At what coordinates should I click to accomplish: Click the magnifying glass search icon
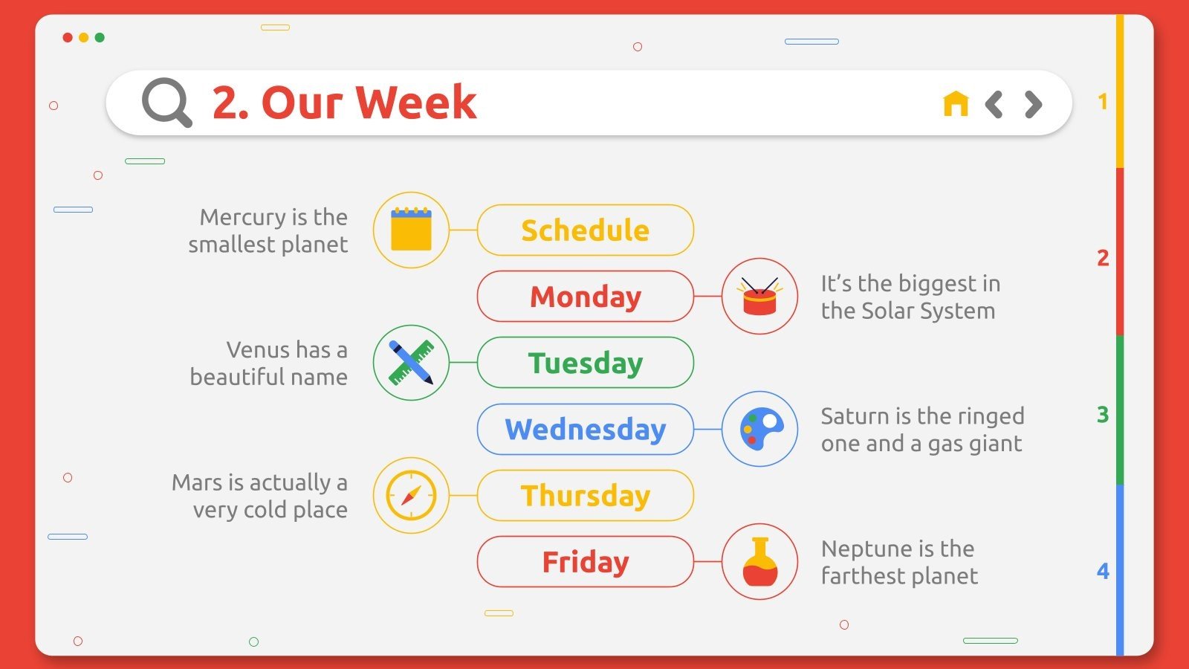[x=166, y=103]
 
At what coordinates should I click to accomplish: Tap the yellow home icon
[x=956, y=104]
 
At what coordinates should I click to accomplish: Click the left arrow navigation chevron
[x=994, y=105]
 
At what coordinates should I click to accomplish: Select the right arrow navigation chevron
[x=1033, y=105]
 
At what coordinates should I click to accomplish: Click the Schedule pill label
[x=585, y=230]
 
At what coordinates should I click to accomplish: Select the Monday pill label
[x=585, y=297]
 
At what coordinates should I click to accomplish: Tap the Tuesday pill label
[x=585, y=363]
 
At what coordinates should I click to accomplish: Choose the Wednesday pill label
[x=585, y=429]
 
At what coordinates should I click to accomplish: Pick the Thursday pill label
[x=585, y=495]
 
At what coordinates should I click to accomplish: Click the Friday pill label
[x=585, y=561]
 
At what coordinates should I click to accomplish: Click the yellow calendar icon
[x=411, y=230]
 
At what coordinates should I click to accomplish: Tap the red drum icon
[x=759, y=297]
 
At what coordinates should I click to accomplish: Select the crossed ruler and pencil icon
[x=411, y=363]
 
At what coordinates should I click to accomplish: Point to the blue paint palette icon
[x=759, y=429]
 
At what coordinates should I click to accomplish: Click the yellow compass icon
[x=411, y=495]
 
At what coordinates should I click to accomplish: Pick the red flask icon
[x=759, y=561]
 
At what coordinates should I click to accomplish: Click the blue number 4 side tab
[x=1103, y=571]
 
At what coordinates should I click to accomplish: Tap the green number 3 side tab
[x=1103, y=414]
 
